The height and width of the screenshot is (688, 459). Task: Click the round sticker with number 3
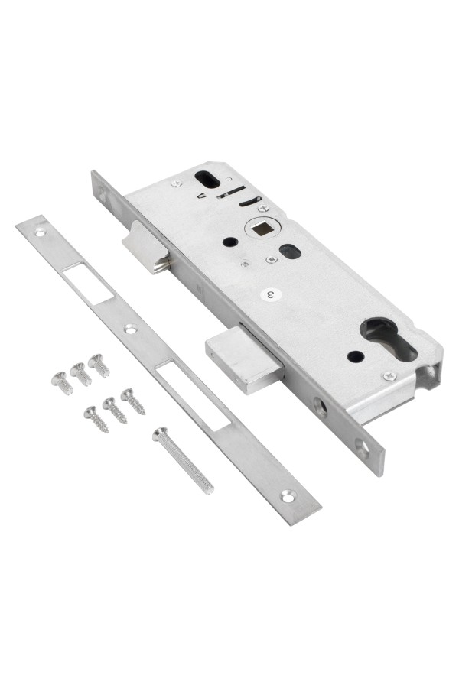point(272,294)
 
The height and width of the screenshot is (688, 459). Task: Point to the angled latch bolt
point(146,248)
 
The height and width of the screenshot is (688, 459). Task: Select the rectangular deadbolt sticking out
point(244,359)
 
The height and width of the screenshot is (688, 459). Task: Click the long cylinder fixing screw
point(183,459)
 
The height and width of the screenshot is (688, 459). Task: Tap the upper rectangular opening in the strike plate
point(88,283)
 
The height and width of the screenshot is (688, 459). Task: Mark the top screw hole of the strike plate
point(41,233)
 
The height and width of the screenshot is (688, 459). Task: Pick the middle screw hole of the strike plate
point(131,328)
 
